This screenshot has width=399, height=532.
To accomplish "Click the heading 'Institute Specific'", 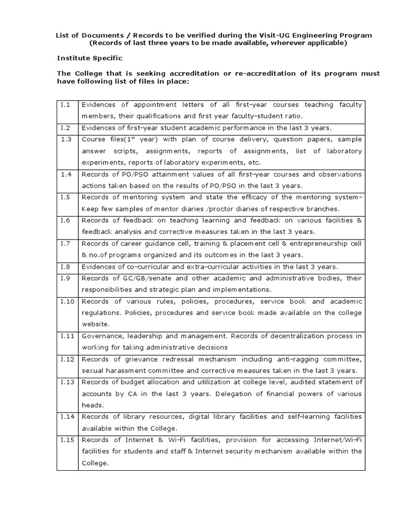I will (x=89, y=58).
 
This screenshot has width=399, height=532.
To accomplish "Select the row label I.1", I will (x=65, y=105).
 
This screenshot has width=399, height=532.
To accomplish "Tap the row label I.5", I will (x=65, y=197).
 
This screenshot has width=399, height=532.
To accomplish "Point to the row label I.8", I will (x=65, y=267).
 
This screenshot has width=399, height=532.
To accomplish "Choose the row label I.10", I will (x=66, y=301).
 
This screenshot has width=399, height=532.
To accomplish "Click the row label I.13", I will (x=66, y=382).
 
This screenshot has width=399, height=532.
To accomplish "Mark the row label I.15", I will (x=66, y=440).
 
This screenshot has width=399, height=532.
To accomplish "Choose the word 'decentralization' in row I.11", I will (x=272, y=336).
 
